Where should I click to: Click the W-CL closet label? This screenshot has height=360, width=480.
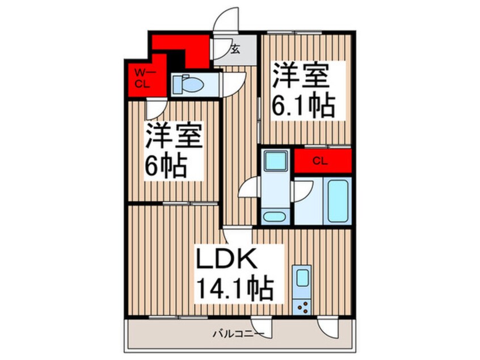point(144,78)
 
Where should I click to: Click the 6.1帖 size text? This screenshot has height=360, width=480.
point(304,105)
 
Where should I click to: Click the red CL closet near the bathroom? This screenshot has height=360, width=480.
point(322,161)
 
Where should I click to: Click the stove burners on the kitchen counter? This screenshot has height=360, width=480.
point(302,307)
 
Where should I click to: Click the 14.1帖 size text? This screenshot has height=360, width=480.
point(234,290)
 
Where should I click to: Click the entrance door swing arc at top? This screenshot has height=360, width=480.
point(226,22)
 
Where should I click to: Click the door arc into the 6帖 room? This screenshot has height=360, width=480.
point(155,107)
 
